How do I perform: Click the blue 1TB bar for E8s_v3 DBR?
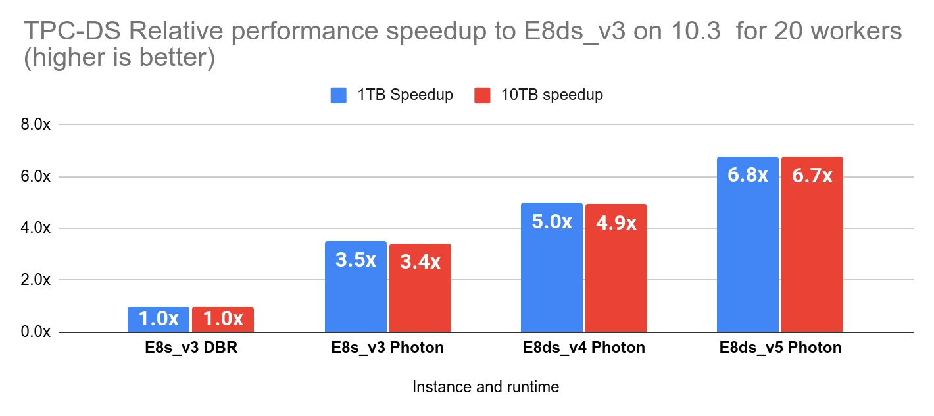pos(159,319)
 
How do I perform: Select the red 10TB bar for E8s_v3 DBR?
pos(223,319)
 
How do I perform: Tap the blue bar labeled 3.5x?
pos(356,286)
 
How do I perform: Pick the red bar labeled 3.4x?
pos(420,288)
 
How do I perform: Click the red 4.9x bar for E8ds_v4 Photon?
pos(616,268)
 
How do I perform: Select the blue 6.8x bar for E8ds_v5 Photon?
pos(748,244)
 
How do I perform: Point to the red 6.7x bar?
pos(812,244)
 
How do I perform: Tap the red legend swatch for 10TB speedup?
pos(482,95)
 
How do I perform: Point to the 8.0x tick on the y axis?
pos(36,125)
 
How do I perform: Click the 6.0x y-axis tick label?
pos(36,177)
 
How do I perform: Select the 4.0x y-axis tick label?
pos(36,228)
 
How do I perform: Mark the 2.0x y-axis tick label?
pos(36,280)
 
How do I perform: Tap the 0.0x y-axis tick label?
pos(36,332)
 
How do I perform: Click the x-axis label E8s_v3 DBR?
pos(191,348)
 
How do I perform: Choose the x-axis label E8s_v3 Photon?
pos(387,348)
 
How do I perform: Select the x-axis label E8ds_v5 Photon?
pos(781,348)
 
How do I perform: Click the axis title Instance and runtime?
pos(485,387)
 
